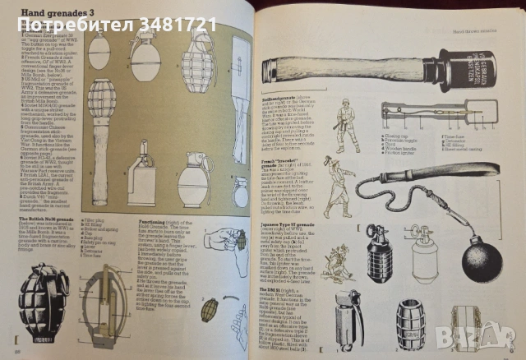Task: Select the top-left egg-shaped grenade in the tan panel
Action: click(x=99, y=54)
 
